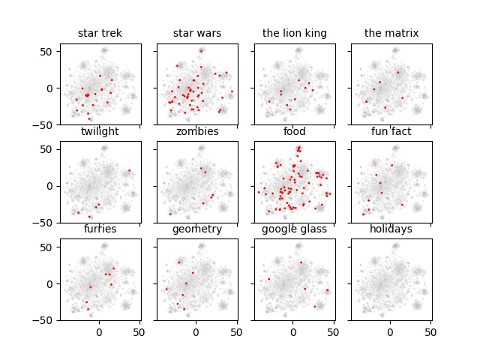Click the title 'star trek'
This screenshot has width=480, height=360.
click(100, 33)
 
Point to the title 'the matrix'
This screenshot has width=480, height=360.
click(391, 33)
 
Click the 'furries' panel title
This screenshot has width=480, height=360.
click(100, 229)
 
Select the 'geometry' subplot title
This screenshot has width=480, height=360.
click(197, 229)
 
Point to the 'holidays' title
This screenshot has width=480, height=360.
click(391, 229)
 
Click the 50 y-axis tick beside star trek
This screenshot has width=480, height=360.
click(46, 51)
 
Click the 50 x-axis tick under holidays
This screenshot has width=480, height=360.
click(430, 331)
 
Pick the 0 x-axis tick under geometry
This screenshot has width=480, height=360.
click(196, 331)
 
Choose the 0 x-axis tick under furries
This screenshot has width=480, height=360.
click(99, 331)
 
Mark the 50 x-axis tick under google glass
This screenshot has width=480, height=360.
click(334, 331)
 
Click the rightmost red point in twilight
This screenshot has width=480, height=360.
click(129, 170)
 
